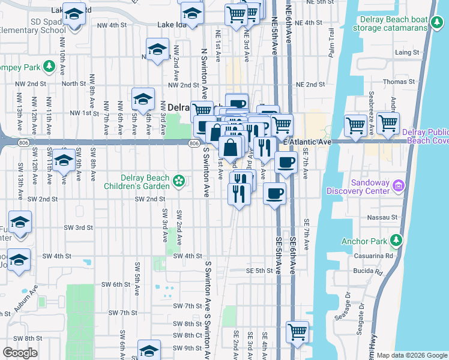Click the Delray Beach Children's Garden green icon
pyautogui.click(x=178, y=181)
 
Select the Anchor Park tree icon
pyautogui.click(x=396, y=241)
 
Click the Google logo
pyautogui.click(x=20, y=353)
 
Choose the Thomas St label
pyautogui.click(x=403, y=81)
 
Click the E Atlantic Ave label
pyautogui.click(x=307, y=141)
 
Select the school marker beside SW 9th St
pyautogui.click(x=149, y=350)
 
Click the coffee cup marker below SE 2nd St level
pyautogui.click(x=274, y=193)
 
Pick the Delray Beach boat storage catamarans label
pyautogui.click(x=390, y=23)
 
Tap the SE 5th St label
pyautogui.click(x=259, y=271)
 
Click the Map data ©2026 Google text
pyautogui.click(x=412, y=355)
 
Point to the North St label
pyautogui.click(x=73, y=84)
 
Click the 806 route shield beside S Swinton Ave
pyautogui.click(x=193, y=143)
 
